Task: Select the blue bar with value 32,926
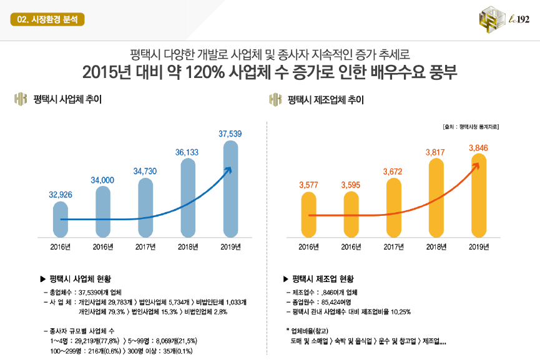tap(61, 219)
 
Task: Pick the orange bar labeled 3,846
tap(478, 196)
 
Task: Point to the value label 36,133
tap(187, 152)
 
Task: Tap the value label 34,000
tap(102, 180)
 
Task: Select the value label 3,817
tap(435, 152)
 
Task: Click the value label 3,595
tap(351, 185)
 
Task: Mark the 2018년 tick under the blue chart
tap(187, 246)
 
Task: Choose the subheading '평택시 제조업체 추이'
tap(325, 100)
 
